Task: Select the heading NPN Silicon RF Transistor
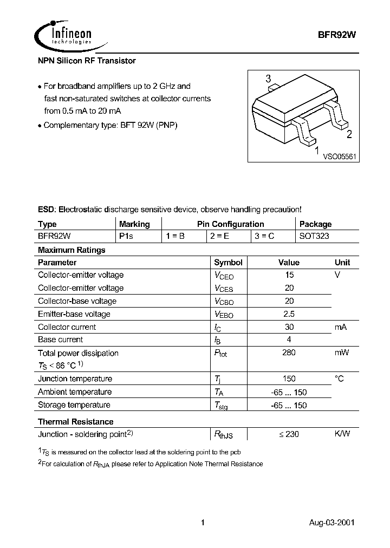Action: tap(87, 61)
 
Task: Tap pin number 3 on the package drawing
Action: tap(268, 79)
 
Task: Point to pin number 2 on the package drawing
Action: tap(349, 135)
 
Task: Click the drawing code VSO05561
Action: tap(340, 156)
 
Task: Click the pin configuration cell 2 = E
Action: tap(219, 237)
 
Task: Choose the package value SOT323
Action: tap(314, 237)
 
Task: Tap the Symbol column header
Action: tap(228, 263)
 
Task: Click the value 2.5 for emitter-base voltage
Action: tap(289, 314)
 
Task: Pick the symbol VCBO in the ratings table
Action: tap(224, 302)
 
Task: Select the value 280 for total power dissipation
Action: tap(289, 353)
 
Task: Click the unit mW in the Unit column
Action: tap(341, 353)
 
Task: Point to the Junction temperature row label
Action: tap(75, 379)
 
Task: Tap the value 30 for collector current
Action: tap(289, 327)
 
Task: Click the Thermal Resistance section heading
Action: tap(75, 421)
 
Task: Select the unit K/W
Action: tap(342, 434)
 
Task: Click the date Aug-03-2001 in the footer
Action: tap(332, 523)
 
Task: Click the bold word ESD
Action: tap(46, 210)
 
